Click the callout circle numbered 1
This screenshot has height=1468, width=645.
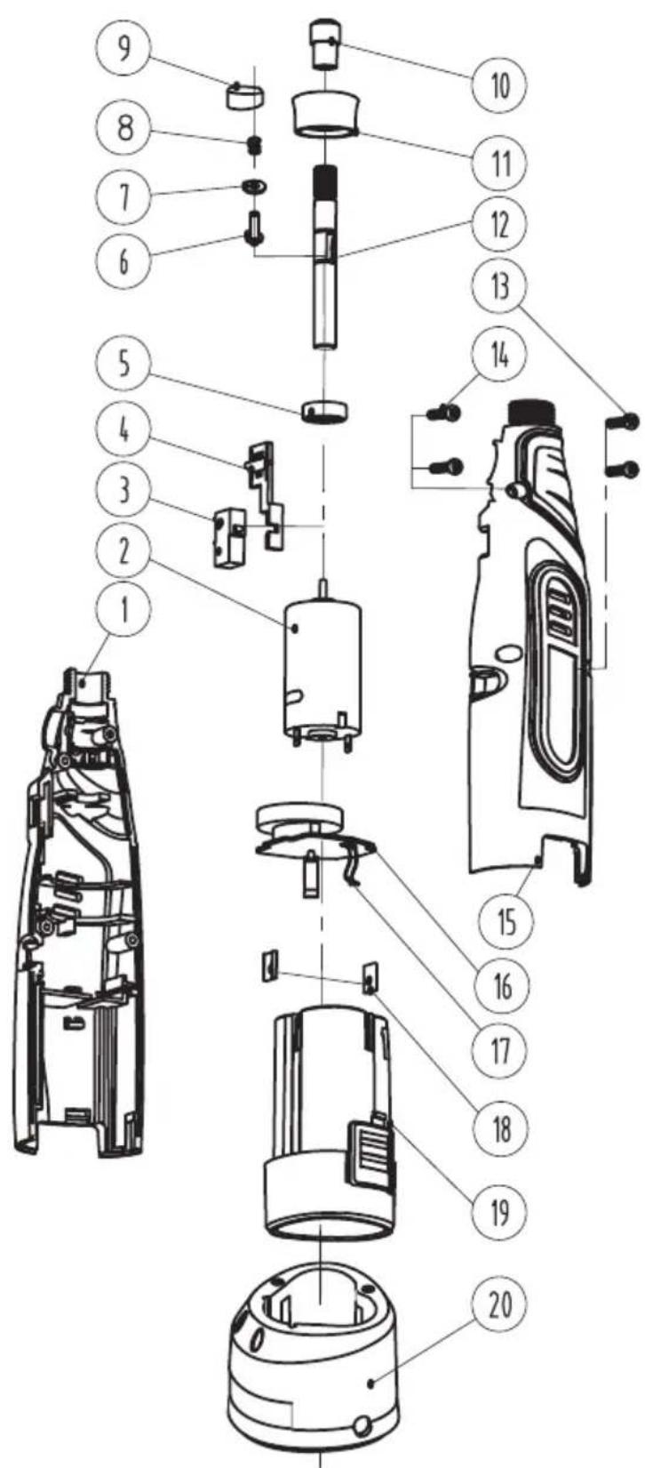pyautogui.click(x=124, y=607)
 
